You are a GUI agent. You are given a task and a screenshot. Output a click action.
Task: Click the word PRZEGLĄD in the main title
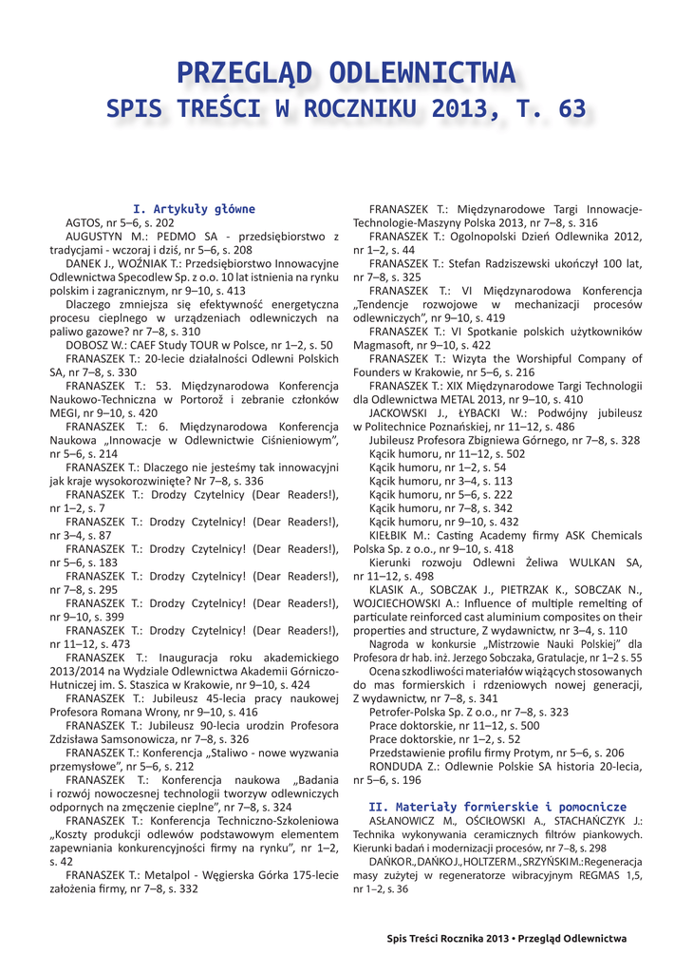tap(239, 72)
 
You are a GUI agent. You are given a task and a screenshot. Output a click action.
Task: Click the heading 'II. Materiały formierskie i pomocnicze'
tap(497, 806)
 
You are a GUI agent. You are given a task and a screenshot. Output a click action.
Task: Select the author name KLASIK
tap(391, 589)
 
